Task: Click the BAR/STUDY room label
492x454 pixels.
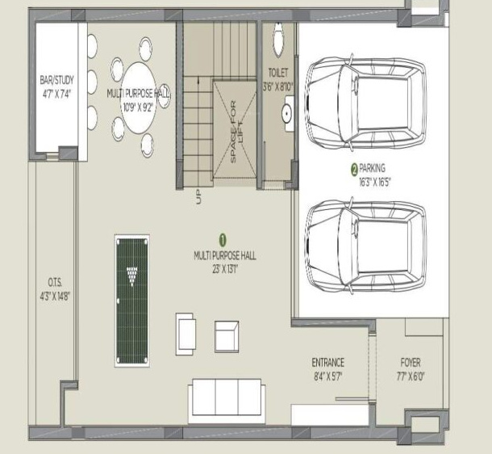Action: [56, 81]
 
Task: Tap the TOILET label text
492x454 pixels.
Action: [277, 72]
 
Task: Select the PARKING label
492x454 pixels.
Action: [372, 168]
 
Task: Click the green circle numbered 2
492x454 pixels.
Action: [353, 169]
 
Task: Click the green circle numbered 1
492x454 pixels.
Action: [223, 239]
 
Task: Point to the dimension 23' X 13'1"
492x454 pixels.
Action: [225, 267]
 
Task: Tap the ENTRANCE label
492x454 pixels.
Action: [328, 363]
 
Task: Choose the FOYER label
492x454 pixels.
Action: [410, 363]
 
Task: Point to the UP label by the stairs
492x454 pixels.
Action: [198, 197]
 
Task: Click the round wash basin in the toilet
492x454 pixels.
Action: [286, 115]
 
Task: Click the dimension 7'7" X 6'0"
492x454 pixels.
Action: [410, 376]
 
